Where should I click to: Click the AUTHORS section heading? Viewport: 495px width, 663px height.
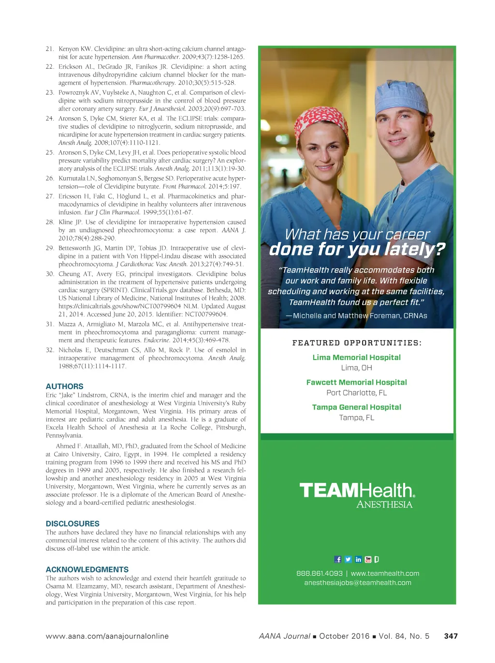click(x=64, y=386)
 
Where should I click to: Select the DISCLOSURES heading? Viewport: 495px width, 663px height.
click(x=73, y=524)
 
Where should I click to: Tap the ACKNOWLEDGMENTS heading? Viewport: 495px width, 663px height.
click(x=87, y=570)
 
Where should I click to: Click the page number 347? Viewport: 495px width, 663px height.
click(x=451, y=636)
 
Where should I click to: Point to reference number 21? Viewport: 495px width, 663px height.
click(x=50, y=49)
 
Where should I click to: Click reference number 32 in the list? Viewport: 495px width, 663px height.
click(x=50, y=350)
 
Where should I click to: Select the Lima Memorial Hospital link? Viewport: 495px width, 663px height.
click(x=357, y=358)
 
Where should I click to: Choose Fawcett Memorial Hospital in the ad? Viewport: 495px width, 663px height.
click(x=357, y=382)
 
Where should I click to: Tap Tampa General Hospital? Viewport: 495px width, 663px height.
click(x=357, y=407)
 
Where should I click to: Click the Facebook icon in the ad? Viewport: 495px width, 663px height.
click(x=338, y=559)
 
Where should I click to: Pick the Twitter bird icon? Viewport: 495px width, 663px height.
click(x=348, y=559)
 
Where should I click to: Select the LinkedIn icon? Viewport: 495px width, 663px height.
click(x=358, y=559)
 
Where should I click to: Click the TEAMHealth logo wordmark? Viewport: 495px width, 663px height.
click(x=357, y=491)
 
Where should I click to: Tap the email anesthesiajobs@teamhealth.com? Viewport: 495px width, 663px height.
click(x=358, y=583)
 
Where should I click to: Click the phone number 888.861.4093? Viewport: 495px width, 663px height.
click(x=320, y=573)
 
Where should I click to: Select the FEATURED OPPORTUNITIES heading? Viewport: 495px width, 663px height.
click(x=357, y=343)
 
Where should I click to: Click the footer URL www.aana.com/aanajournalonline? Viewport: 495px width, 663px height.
click(x=107, y=636)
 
